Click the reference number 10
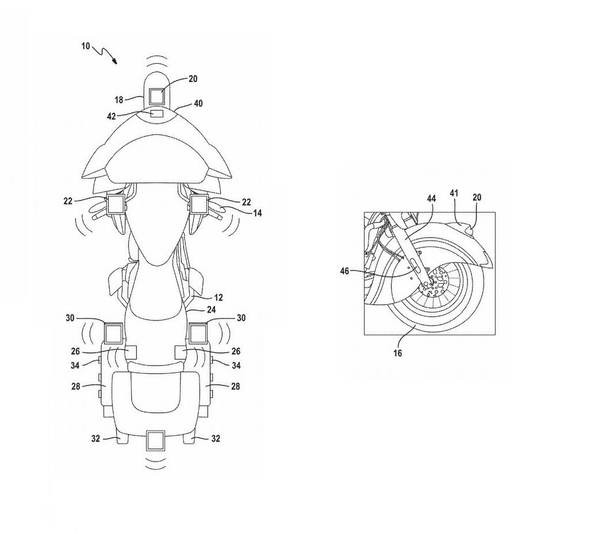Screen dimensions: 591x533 click(86, 46)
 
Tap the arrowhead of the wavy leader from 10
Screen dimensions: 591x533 click(114, 60)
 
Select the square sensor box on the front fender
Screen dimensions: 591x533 click(156, 96)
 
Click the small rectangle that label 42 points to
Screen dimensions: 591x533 click(156, 113)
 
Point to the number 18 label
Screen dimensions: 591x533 click(119, 100)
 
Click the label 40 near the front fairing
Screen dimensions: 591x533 click(198, 103)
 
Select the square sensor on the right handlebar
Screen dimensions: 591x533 click(199, 204)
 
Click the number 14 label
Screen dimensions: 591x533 click(257, 213)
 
